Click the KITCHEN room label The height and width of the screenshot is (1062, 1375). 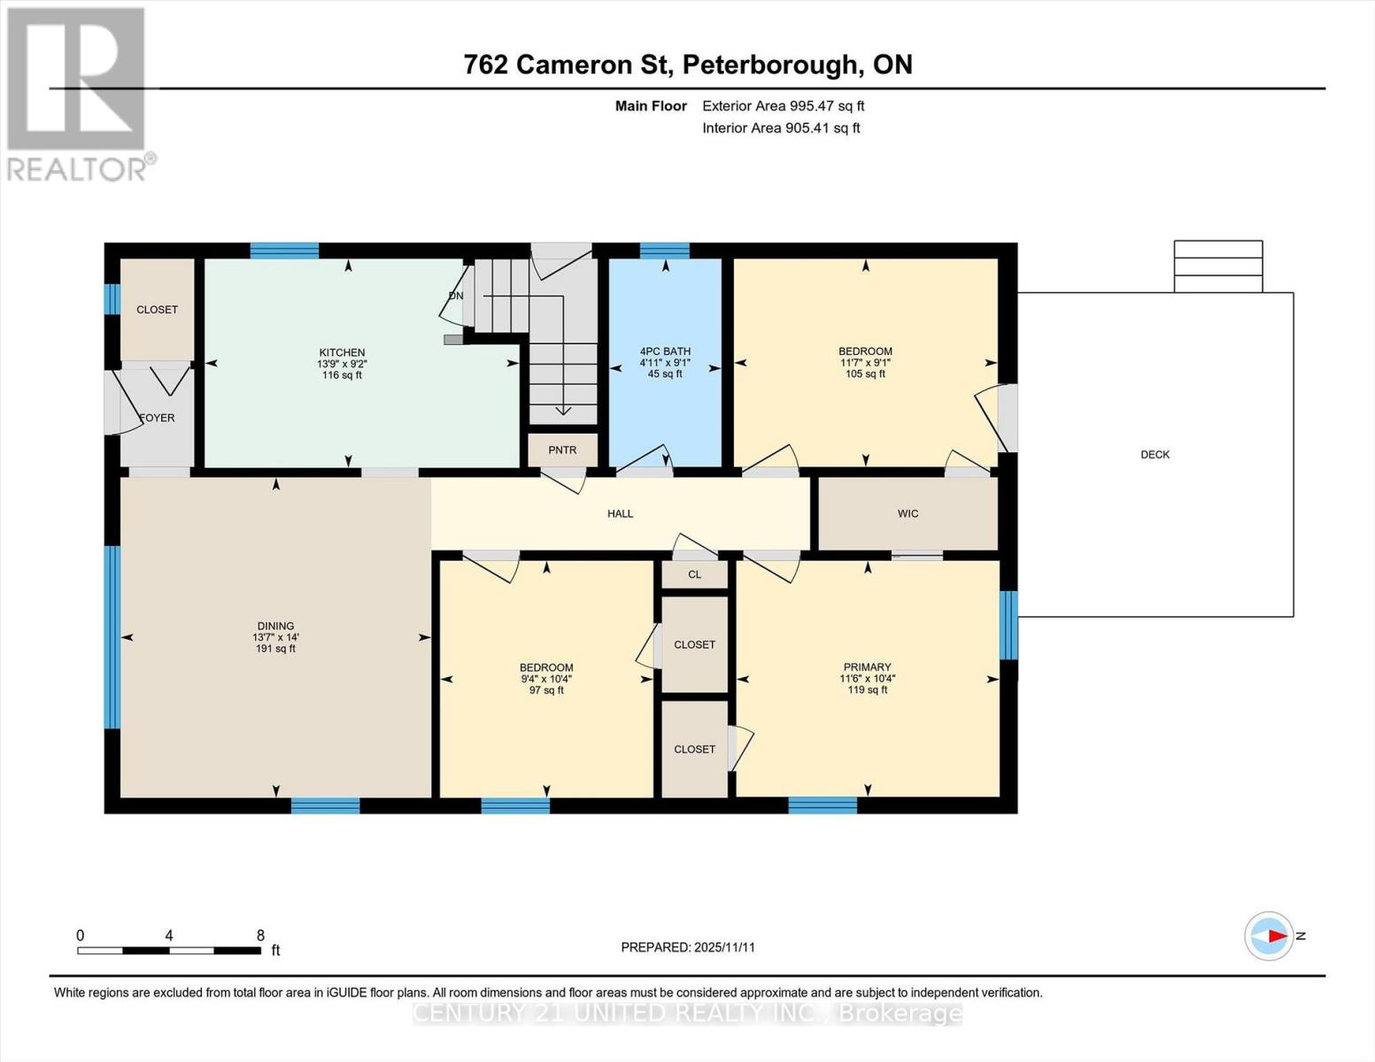pyautogui.click(x=342, y=352)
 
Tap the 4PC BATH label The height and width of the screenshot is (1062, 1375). pyautogui.click(x=665, y=351)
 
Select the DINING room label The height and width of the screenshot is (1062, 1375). pyautogui.click(x=275, y=626)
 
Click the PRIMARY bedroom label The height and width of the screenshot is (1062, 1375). pyautogui.click(x=867, y=667)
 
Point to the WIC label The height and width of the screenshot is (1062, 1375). pyautogui.click(x=908, y=513)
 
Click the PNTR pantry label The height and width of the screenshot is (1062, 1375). pyautogui.click(x=562, y=450)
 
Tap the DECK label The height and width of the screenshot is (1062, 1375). pyautogui.click(x=1155, y=454)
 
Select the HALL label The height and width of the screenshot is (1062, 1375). pyautogui.click(x=620, y=513)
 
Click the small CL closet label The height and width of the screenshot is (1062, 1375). pyautogui.click(x=694, y=574)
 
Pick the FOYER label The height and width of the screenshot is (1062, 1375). pyautogui.click(x=158, y=418)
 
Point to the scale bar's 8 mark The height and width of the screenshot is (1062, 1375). pyautogui.click(x=260, y=935)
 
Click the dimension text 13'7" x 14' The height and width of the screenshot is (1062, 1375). pyautogui.click(x=275, y=637)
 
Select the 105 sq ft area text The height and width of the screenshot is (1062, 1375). pyautogui.click(x=865, y=374)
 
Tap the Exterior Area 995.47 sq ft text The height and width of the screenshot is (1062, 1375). pyautogui.click(x=783, y=106)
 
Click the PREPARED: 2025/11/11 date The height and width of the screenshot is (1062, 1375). pyautogui.click(x=688, y=947)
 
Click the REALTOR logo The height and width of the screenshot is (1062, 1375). pyautogui.click(x=78, y=93)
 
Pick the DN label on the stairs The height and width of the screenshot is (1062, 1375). pyautogui.click(x=456, y=296)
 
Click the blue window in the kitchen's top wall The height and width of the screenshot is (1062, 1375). pyautogui.click(x=284, y=250)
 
